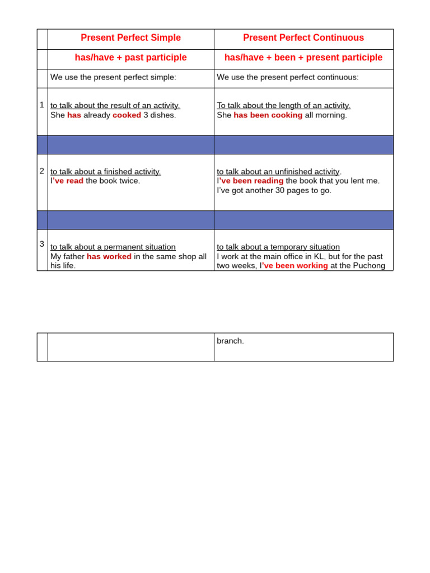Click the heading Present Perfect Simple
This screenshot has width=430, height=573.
[x=130, y=38]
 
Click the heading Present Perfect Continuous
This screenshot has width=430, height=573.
[x=303, y=38]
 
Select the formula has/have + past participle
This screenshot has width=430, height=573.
[x=130, y=58]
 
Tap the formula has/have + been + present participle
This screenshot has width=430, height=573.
[x=303, y=58]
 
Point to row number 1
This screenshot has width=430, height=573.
[x=42, y=105]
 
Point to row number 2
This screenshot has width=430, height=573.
[x=42, y=171]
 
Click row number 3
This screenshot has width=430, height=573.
[x=42, y=243]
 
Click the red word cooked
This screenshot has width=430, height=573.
[x=127, y=115]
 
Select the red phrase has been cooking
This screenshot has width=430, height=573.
[x=268, y=115]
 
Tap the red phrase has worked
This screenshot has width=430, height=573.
[x=109, y=256]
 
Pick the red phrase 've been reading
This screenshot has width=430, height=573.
[x=251, y=181]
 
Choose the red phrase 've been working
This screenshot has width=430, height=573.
[x=295, y=266]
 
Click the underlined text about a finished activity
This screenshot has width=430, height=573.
[x=106, y=172]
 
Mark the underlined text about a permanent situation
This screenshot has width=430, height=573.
[x=113, y=247]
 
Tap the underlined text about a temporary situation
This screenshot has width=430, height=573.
[x=278, y=247]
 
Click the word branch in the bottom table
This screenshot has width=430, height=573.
[x=230, y=341]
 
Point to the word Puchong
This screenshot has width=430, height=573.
[x=368, y=266]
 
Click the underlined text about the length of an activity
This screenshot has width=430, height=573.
[x=283, y=105]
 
